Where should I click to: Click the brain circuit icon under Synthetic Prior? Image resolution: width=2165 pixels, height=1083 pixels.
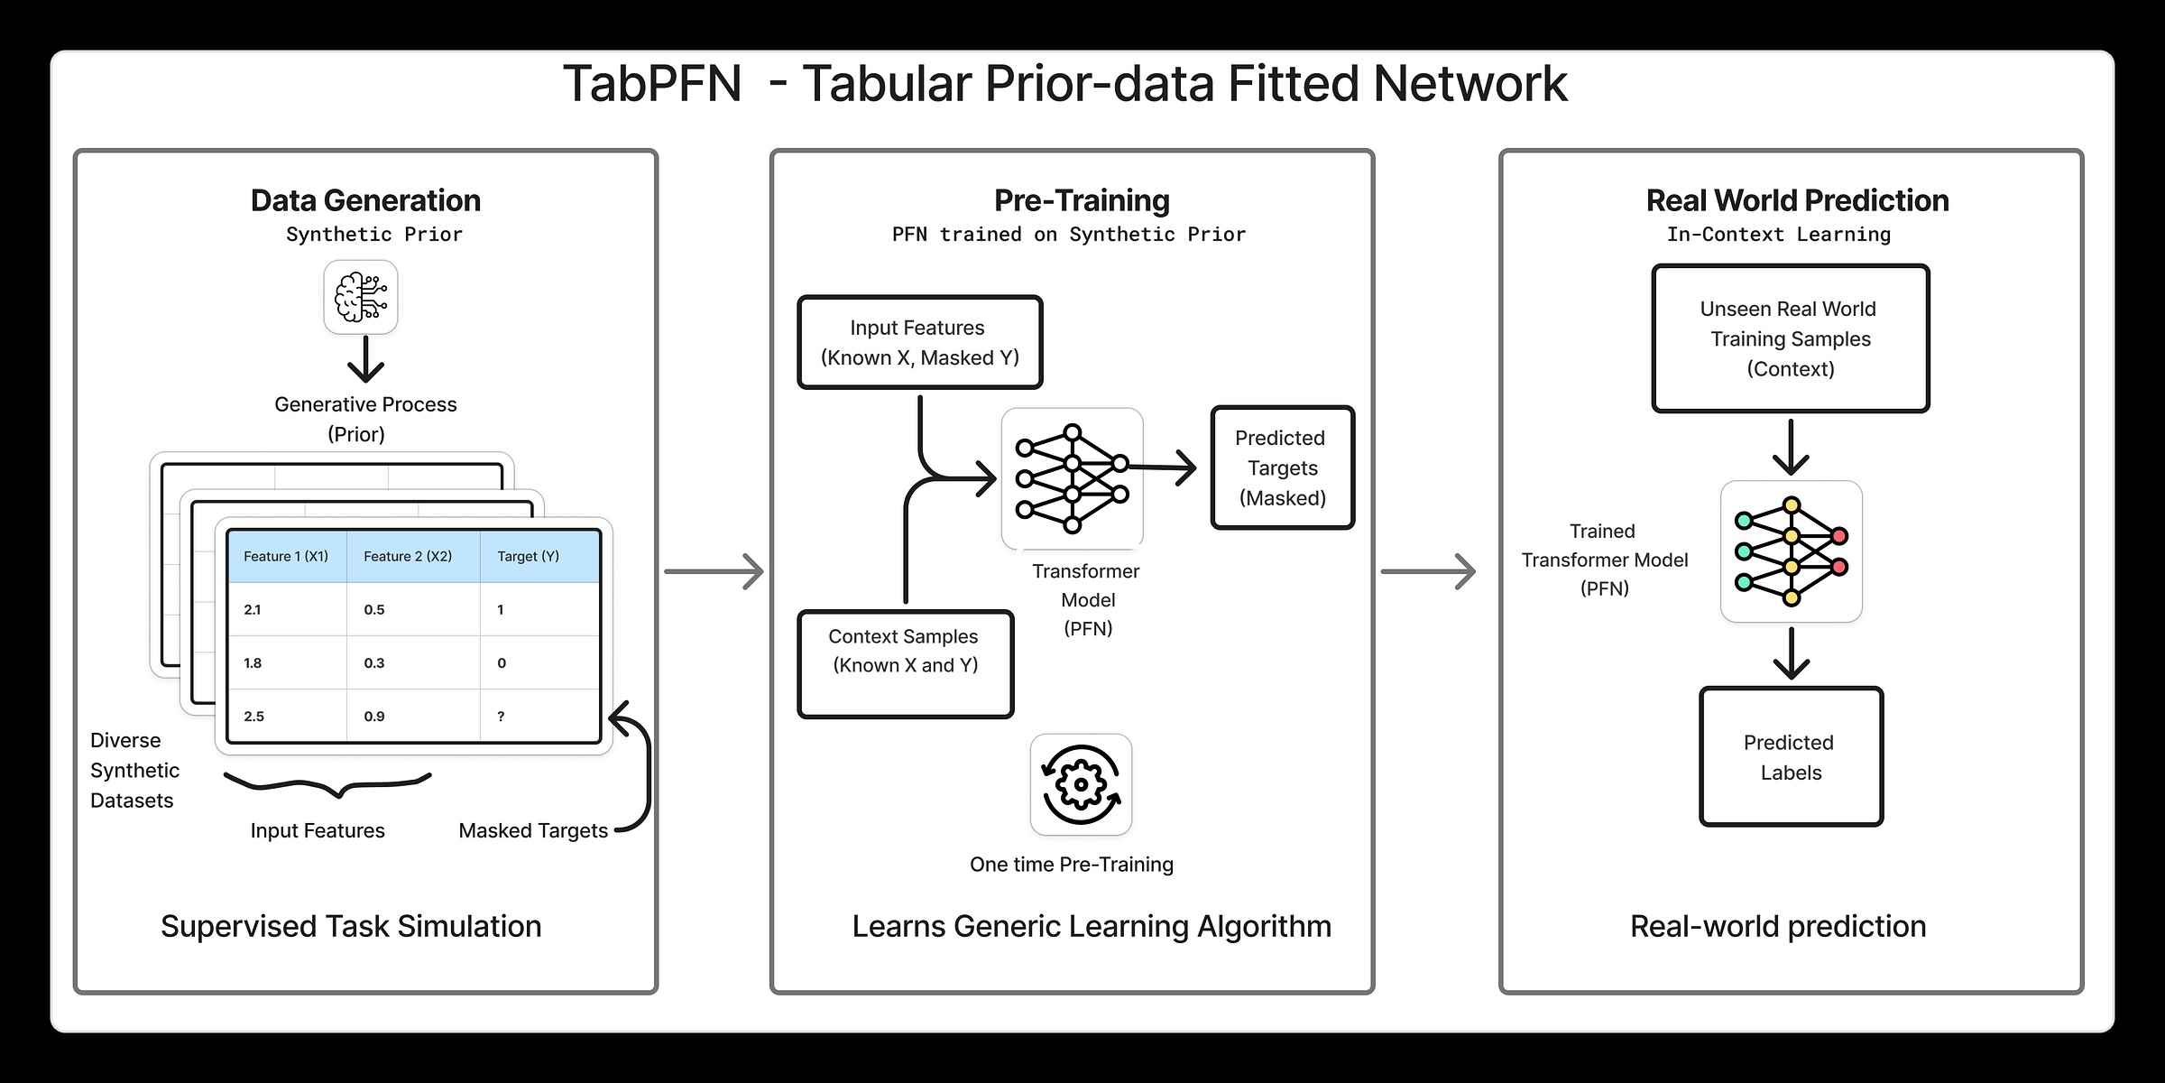tap(361, 297)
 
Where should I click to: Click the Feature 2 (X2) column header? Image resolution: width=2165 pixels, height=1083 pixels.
tap(408, 557)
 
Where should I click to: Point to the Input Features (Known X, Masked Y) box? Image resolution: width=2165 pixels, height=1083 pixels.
tap(919, 342)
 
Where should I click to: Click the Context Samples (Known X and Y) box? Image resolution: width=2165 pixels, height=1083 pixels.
tap(905, 663)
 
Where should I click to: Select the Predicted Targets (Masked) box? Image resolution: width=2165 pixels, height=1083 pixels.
tap(1282, 467)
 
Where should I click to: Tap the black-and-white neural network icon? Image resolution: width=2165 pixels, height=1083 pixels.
tap(1072, 478)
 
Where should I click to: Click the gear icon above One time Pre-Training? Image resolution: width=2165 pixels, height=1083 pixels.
tap(1081, 784)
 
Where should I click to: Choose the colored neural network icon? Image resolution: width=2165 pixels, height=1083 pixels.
tap(1792, 551)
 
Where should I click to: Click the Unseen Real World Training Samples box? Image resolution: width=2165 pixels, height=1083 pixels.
tap(1790, 338)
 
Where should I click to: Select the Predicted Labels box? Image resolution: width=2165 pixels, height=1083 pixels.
tap(1791, 756)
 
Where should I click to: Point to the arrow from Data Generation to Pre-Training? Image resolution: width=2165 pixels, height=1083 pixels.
tap(714, 571)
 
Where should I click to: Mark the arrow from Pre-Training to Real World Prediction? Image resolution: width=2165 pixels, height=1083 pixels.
tap(1428, 571)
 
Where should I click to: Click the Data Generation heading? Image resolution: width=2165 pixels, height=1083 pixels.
tap(365, 200)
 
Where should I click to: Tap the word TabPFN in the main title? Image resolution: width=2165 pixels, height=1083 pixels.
tap(652, 84)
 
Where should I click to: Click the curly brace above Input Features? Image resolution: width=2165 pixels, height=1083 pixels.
tap(328, 783)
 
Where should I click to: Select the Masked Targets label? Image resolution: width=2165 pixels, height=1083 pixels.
tap(533, 830)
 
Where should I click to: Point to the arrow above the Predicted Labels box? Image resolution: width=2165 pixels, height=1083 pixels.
tap(1791, 653)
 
